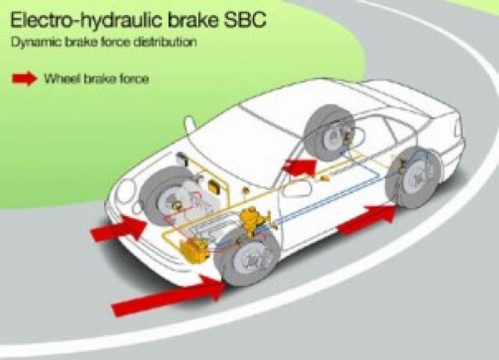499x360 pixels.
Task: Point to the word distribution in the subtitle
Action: [165, 42]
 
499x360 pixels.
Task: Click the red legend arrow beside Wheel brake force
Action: [25, 78]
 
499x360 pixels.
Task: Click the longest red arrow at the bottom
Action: [169, 295]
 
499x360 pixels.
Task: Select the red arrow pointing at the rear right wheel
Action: [368, 219]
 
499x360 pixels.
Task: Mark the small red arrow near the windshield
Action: [299, 167]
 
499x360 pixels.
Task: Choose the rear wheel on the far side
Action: [329, 131]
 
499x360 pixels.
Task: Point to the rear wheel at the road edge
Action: [413, 178]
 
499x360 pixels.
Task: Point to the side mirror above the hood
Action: [190, 125]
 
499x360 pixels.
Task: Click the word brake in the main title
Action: [194, 20]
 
